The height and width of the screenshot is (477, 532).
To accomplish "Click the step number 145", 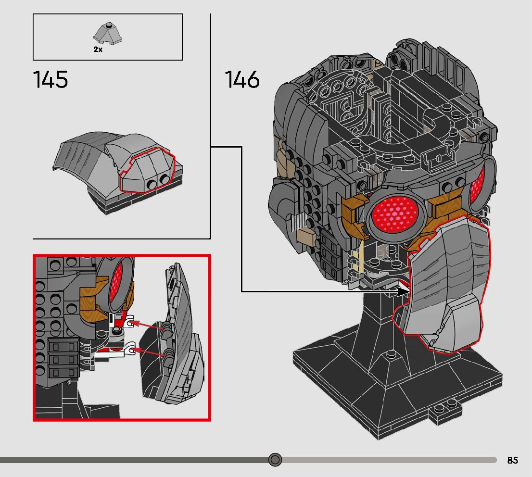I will (51, 79).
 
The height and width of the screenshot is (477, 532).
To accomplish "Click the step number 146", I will (242, 79).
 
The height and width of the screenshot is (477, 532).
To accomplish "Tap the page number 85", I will (512, 460).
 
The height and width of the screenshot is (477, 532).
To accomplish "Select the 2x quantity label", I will (98, 50).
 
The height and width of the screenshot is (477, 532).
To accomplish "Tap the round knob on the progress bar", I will (275, 460).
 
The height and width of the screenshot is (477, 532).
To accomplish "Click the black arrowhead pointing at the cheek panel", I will (403, 291).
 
